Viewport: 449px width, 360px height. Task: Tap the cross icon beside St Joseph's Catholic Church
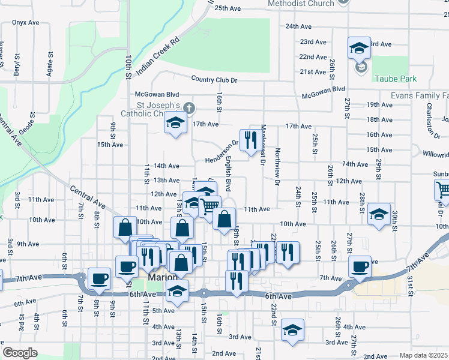(190, 108)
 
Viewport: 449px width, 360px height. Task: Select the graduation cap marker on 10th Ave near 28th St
(379, 214)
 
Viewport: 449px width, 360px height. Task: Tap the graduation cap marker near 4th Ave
(292, 329)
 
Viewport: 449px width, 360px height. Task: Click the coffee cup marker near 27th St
(360, 265)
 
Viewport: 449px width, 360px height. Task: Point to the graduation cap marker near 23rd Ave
(359, 47)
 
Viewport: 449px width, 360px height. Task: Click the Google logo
(20, 353)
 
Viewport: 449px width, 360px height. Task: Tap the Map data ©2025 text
(424, 355)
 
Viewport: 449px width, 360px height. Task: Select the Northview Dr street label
(277, 164)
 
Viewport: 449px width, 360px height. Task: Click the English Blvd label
(228, 170)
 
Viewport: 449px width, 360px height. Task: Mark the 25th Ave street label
(228, 8)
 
